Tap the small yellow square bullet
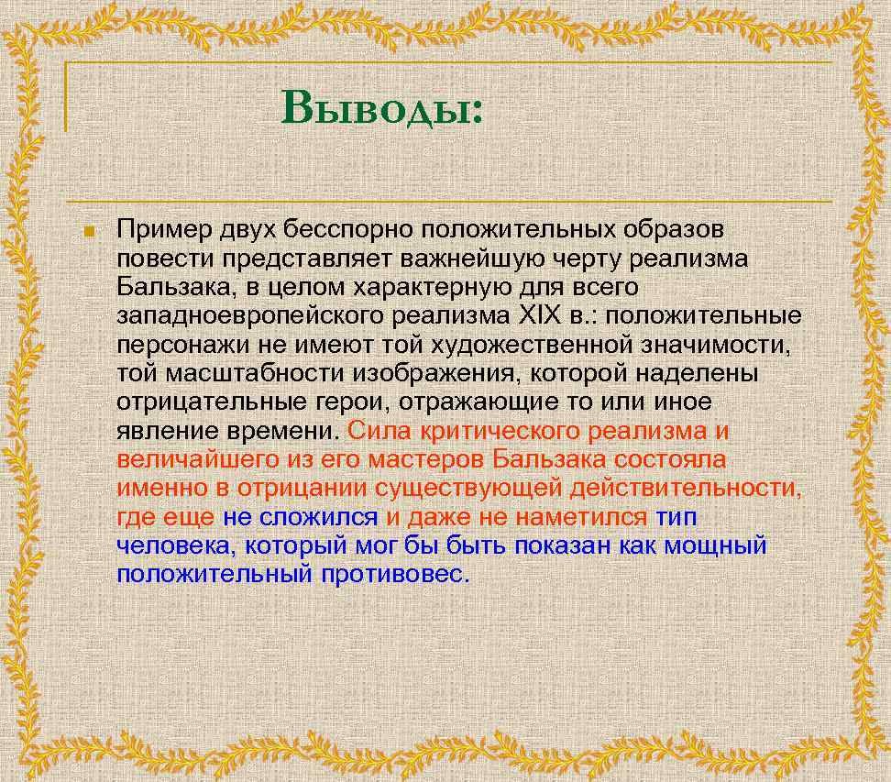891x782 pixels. click(x=89, y=230)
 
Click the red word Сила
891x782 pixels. click(x=375, y=431)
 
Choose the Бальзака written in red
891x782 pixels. click(x=550, y=459)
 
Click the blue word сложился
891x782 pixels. click(x=318, y=517)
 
